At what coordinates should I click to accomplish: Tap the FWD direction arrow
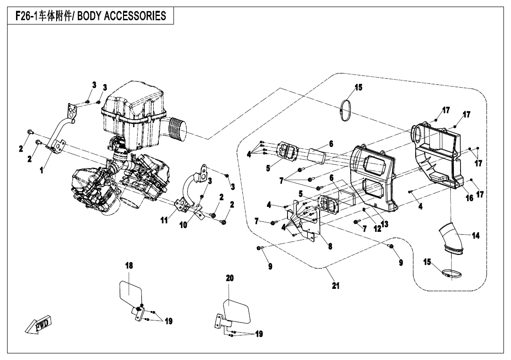pos(39,326)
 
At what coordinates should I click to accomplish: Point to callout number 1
pos(42,171)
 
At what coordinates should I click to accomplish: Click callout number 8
pos(330,247)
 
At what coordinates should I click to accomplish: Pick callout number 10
pos(183,225)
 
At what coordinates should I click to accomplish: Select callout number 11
pos(164,221)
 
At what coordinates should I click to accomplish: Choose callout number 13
pos(385,224)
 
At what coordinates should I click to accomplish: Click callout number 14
pos(476,236)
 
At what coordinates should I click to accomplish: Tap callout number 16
pos(470,198)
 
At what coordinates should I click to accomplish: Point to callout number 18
pos(129,266)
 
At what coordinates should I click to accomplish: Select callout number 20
pos(230,278)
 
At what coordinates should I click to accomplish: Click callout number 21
pos(336,286)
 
